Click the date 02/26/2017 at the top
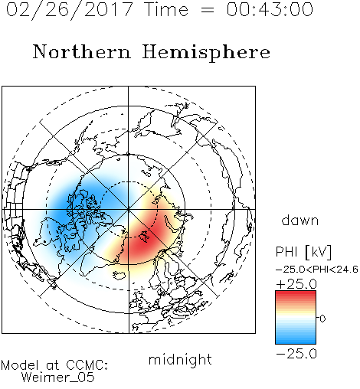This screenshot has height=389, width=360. click(70, 10)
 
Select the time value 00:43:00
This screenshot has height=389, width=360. click(270, 9)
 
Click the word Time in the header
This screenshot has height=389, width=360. click(166, 9)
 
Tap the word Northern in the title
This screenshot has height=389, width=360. click(82, 52)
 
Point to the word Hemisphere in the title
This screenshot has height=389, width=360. click(206, 53)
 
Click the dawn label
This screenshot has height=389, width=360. click(300, 221)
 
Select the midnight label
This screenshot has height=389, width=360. click(180, 360)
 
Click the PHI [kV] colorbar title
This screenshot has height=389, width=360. click(303, 252)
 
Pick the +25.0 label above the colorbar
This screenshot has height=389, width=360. click(296, 284)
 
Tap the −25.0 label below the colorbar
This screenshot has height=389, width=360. click(296, 354)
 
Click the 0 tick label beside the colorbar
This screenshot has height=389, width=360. click(322, 319)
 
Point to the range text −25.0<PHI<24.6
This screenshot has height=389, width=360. click(317, 270)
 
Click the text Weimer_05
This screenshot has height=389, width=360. click(58, 378)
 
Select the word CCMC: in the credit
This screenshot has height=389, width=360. click(87, 365)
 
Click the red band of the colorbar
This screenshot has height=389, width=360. click(296, 297)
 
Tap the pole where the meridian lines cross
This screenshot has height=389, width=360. click(129, 209)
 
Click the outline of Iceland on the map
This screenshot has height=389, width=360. click(119, 275)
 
